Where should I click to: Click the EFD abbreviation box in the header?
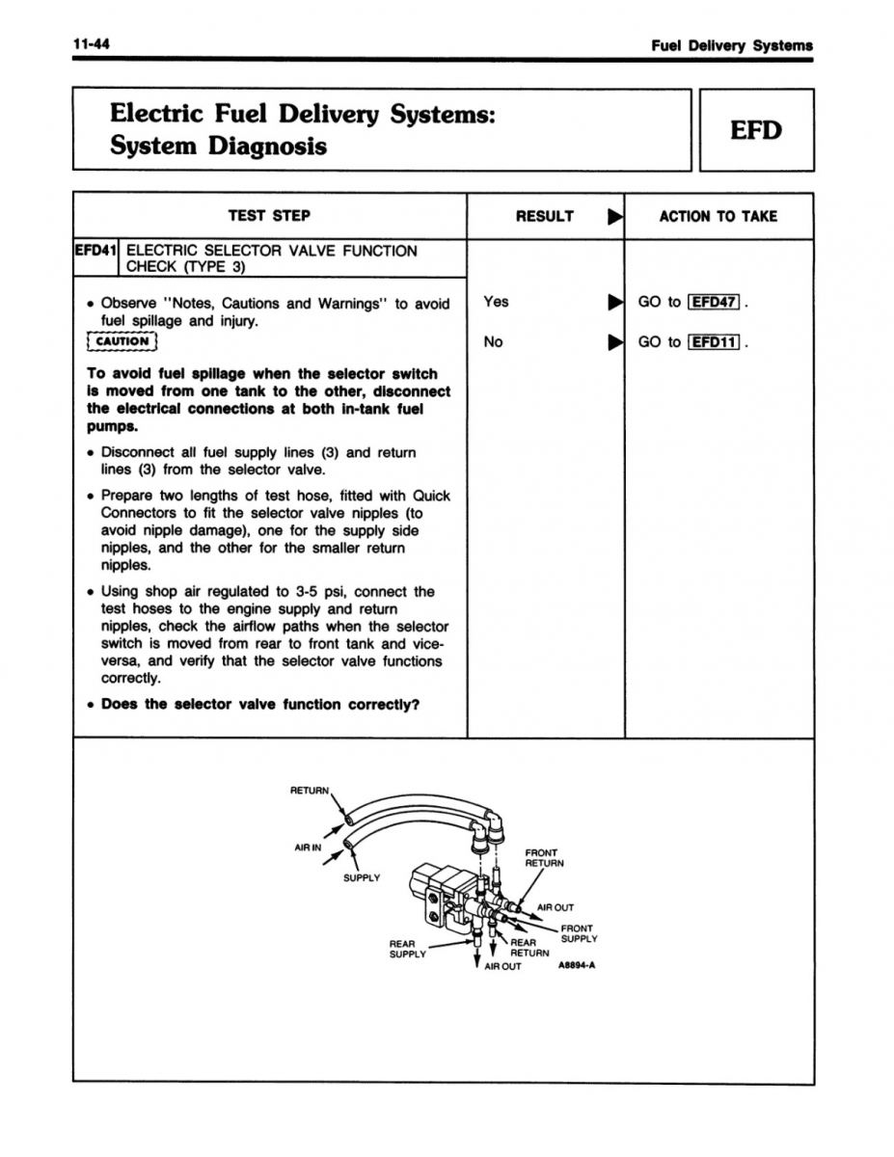756,130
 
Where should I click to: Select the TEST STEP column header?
269,216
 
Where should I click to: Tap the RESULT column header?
544,216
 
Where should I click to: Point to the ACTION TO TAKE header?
718,216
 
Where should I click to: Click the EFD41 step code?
95,251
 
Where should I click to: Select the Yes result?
496,302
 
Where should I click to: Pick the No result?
493,341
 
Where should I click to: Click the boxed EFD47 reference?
714,302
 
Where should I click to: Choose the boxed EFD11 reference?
714,341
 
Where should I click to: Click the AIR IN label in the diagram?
307,848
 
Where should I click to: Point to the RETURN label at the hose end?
310,791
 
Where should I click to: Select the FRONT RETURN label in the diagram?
544,858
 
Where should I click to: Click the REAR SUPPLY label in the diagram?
407,949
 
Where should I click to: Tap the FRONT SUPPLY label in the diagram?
579,933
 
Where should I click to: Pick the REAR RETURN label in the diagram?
528,949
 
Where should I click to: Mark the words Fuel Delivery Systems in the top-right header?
731,44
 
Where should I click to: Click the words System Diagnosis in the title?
218,147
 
